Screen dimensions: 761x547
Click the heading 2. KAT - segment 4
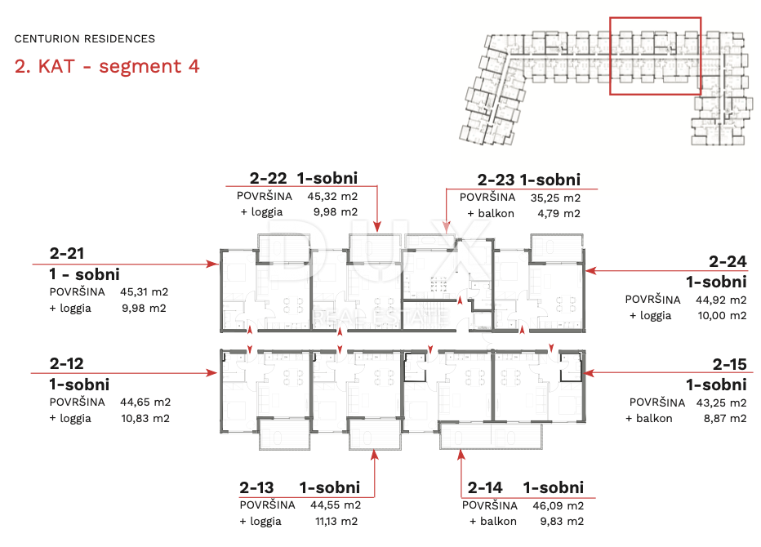(107, 66)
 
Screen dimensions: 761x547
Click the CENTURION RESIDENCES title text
(84, 39)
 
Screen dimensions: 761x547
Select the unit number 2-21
(67, 253)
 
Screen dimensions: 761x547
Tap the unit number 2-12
(66, 363)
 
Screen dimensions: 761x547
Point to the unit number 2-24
(728, 261)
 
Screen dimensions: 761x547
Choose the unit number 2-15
(729, 364)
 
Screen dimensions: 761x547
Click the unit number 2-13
(256, 487)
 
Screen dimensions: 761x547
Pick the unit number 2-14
(485, 487)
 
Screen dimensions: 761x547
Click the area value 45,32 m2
(332, 197)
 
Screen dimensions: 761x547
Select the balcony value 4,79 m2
(559, 214)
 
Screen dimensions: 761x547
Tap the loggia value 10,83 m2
(145, 418)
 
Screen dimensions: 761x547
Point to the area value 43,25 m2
(721, 402)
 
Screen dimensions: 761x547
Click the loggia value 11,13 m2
(336, 521)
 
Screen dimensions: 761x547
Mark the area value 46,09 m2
(559, 505)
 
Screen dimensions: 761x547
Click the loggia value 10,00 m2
(722, 315)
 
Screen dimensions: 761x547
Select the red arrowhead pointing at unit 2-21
(212, 264)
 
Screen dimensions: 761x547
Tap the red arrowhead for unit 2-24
(591, 270)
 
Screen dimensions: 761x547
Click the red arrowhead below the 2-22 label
(377, 226)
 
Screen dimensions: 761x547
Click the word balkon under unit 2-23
(496, 214)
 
